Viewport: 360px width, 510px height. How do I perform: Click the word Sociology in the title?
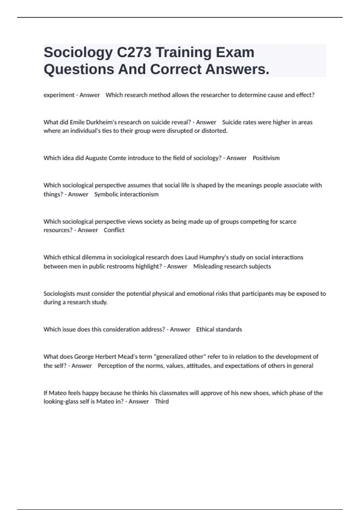click(78, 53)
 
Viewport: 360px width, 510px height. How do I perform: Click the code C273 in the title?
click(134, 53)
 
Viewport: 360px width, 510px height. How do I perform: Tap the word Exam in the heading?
click(235, 53)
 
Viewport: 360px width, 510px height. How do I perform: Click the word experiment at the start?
click(59, 95)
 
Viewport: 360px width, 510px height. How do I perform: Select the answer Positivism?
click(266, 158)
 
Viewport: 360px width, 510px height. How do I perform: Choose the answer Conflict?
click(114, 230)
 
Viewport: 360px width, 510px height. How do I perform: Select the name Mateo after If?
click(58, 393)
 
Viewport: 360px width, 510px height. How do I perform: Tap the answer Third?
click(162, 401)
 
